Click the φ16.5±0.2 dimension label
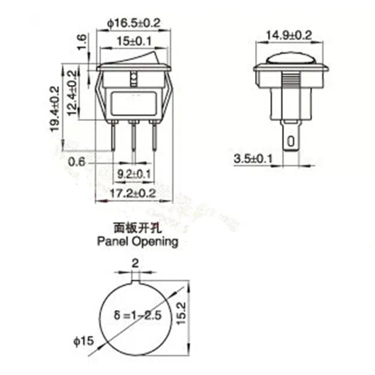point(134,22)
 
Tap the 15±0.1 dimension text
point(134,41)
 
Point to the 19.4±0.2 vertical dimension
point(55,108)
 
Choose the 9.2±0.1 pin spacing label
point(134,174)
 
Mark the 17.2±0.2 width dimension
point(133,193)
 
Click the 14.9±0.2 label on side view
point(289,35)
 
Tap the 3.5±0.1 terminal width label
point(253,159)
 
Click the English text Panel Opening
point(137,242)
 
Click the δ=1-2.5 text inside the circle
point(139,315)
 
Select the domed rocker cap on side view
point(289,59)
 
